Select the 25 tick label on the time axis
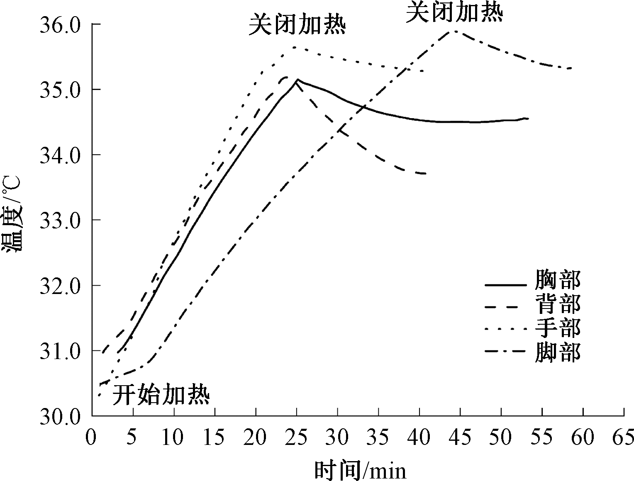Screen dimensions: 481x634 (x=297, y=437)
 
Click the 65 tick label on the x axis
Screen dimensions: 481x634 (x=624, y=437)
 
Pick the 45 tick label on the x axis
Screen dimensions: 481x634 (x=461, y=437)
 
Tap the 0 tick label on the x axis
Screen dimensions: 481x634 (x=91, y=437)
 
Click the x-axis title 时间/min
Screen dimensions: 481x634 (x=360, y=470)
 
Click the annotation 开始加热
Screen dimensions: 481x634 (x=161, y=395)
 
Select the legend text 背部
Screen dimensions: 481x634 (x=557, y=304)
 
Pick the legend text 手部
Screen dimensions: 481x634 (x=557, y=328)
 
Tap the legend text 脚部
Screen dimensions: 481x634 (x=557, y=352)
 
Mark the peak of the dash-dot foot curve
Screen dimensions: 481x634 (x=455, y=31)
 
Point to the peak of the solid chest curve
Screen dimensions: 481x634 (x=297, y=79)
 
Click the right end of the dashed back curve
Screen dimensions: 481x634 (x=425, y=173)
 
